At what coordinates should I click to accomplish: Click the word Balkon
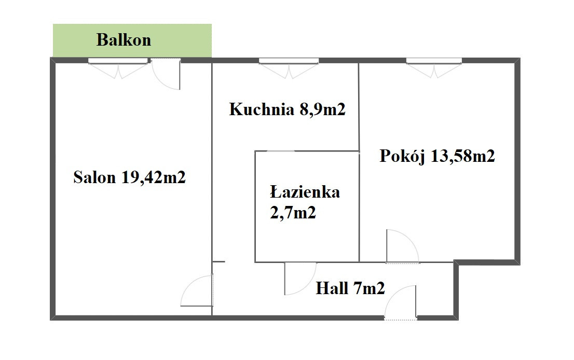pos(124,40)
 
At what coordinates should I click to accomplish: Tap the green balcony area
pos(132,40)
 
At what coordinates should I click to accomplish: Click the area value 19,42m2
pos(154,177)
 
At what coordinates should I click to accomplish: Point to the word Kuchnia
pos(262,109)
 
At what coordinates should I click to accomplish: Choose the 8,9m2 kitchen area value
pos(322,109)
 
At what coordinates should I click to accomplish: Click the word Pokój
pos(402,156)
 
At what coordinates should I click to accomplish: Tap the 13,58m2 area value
pos(463,156)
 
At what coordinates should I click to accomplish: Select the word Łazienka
pos(305,192)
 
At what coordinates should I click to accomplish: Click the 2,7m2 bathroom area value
pos(293,213)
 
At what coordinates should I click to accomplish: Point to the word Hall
pos(332,288)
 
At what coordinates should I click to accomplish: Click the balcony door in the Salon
pos(166,74)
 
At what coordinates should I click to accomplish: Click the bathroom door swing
pos(300,279)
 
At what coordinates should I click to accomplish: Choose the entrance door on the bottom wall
pos(401,302)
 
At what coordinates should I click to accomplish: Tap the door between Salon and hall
pos(197,290)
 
